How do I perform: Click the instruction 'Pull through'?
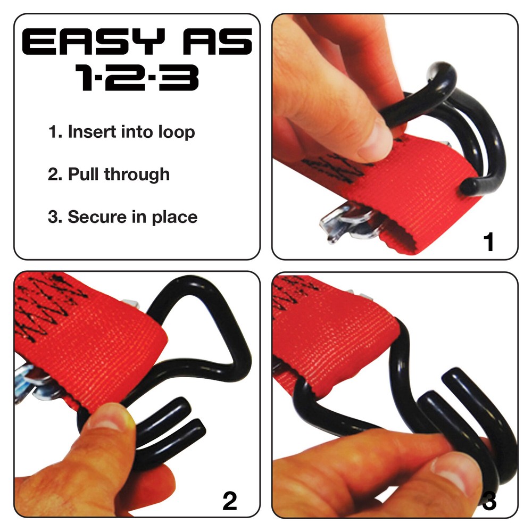[109, 174]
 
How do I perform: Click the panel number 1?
[488, 242]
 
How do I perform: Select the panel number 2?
[230, 501]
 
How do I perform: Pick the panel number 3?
[489, 501]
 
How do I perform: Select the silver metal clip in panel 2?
[35, 380]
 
